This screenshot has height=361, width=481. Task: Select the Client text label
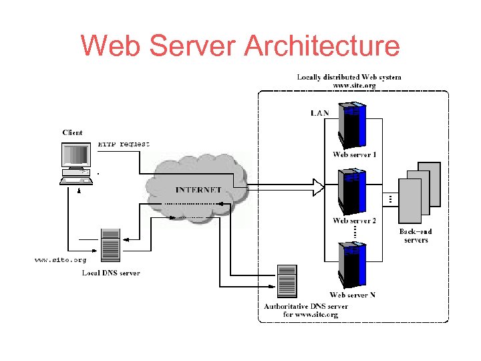pyautogui.click(x=72, y=132)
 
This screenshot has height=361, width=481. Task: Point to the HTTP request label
pyautogui.click(x=124, y=143)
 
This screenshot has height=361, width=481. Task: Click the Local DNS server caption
pyautogui.click(x=110, y=273)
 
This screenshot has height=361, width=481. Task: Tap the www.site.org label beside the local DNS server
pyautogui.click(x=60, y=259)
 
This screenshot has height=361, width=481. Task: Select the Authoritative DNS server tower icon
pyautogui.click(x=287, y=281)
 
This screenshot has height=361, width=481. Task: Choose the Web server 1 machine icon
pyautogui.click(x=353, y=125)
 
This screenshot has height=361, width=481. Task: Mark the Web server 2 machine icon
pyautogui.click(x=353, y=192)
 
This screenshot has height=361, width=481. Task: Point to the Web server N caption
pyautogui.click(x=352, y=295)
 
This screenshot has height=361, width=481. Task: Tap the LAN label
pyautogui.click(x=319, y=113)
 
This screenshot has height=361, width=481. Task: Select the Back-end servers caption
pyautogui.click(x=416, y=235)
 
